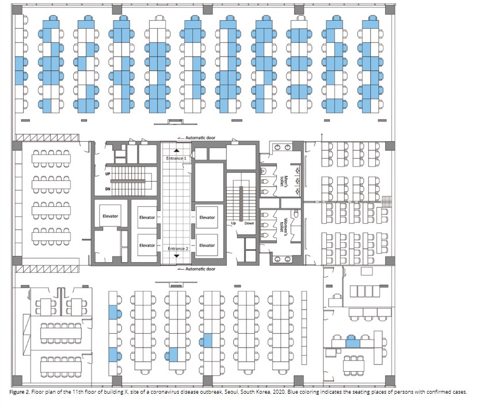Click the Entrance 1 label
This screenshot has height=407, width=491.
coord(176,159)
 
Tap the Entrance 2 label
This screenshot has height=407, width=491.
coord(178,248)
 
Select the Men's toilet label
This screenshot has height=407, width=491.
coord(283,181)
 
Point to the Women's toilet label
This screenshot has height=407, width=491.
coord(283,225)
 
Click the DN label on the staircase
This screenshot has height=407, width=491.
coord(108,189)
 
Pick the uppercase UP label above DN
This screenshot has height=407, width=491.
coord(108,174)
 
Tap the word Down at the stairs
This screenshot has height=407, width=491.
coord(249,223)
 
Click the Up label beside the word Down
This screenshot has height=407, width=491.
coord(233,223)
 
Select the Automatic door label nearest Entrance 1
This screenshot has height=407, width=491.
coord(200,138)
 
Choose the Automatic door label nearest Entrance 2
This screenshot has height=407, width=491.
coord(200,269)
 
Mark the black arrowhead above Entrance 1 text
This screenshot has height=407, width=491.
coord(176,150)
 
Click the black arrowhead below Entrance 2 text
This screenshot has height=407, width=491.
coord(176,256)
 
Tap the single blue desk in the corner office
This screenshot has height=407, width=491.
coord(353,343)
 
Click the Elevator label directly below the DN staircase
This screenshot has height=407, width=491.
coord(110,216)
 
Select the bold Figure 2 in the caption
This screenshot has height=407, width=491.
coord(20,392)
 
